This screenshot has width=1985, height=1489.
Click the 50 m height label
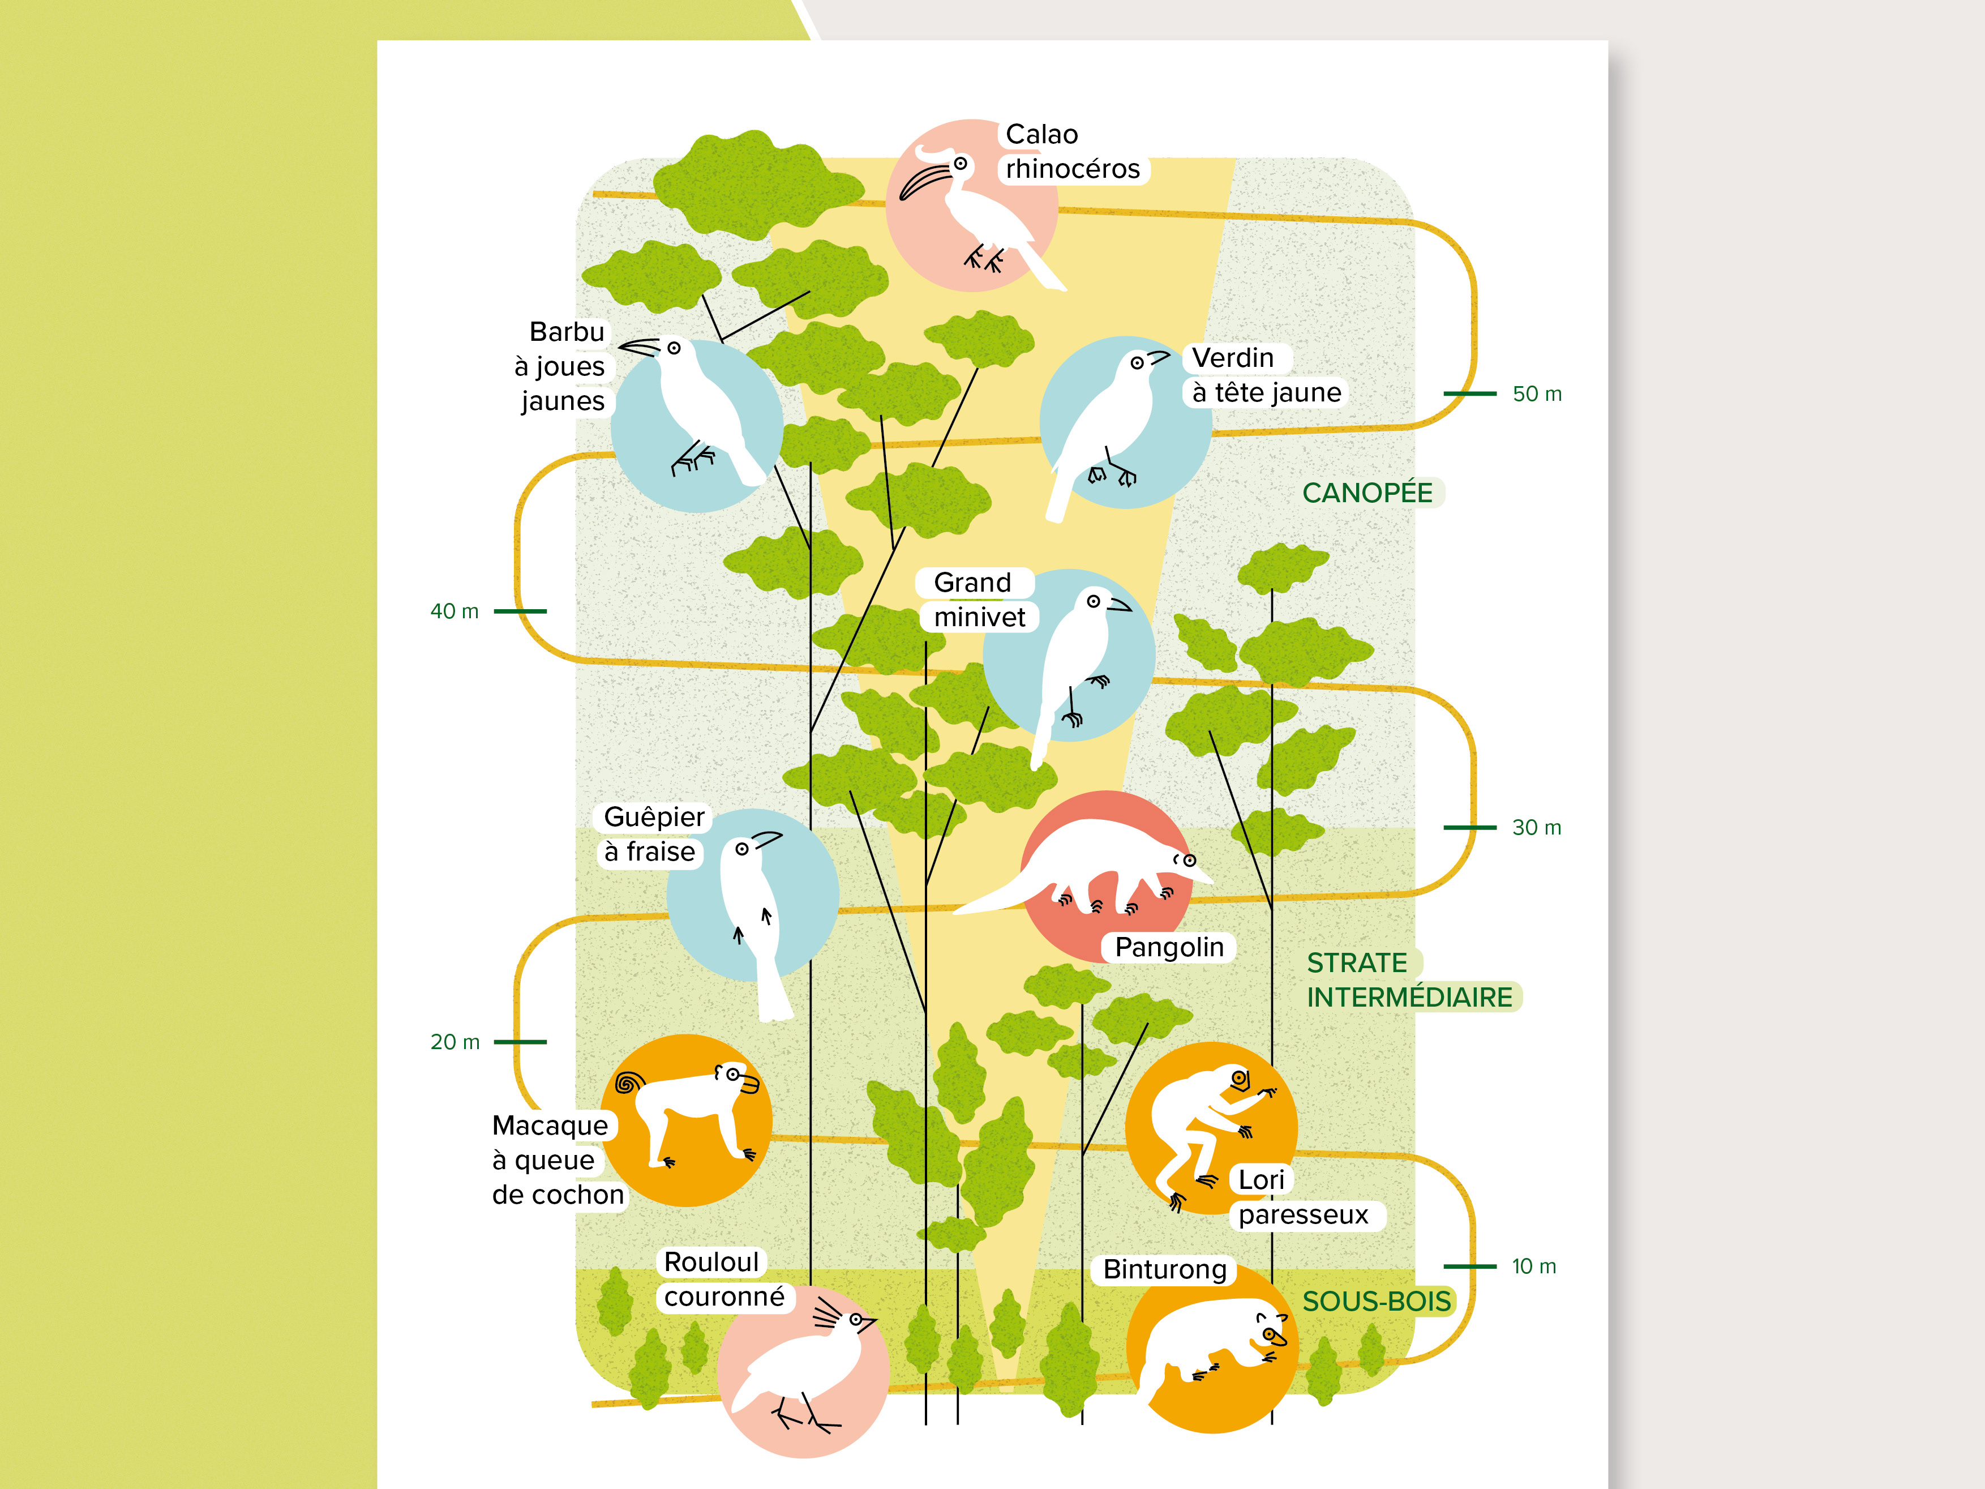point(1536,394)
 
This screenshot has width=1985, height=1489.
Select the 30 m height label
point(1536,828)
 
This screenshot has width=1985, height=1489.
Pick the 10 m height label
point(1534,1266)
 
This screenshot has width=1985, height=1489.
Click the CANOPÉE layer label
point(1367,493)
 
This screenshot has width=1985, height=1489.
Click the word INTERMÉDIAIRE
point(1409,997)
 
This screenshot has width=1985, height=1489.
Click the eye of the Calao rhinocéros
point(960,164)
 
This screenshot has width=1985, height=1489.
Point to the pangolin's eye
point(1190,861)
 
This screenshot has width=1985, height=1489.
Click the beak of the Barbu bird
point(637,346)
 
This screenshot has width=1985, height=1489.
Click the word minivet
point(979,618)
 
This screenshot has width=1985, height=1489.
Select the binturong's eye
point(1269,1334)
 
